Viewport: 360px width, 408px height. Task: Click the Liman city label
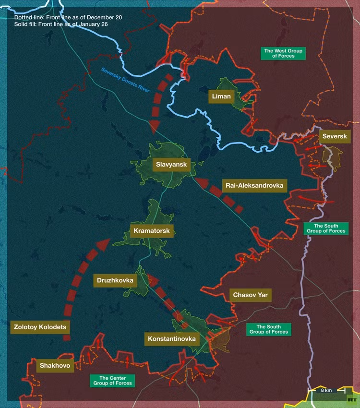point(221,96)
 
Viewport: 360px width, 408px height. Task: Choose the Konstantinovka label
point(172,339)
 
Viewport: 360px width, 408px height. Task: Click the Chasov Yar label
point(250,295)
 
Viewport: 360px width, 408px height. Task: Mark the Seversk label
point(335,136)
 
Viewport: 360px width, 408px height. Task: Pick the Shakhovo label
point(56,366)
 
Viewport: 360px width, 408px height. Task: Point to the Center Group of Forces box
point(113,381)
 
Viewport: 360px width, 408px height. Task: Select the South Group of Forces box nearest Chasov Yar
point(269,329)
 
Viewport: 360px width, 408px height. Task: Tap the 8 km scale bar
point(326,390)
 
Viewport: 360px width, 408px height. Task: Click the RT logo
point(352,399)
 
